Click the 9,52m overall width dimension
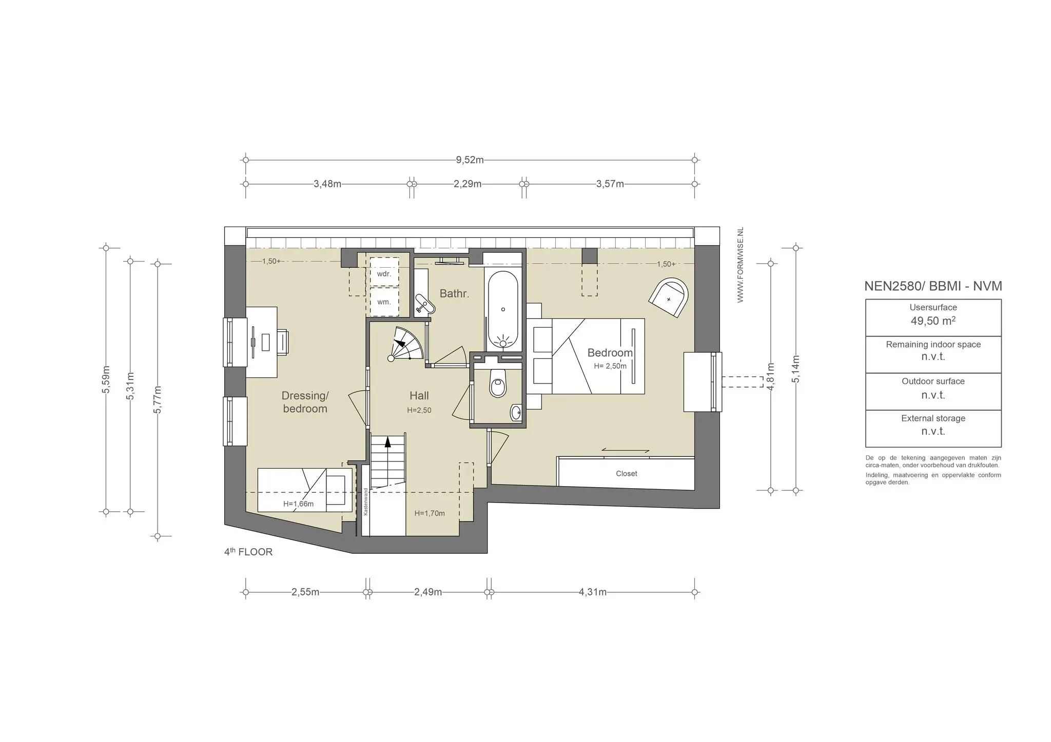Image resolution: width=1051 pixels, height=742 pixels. click(470, 159)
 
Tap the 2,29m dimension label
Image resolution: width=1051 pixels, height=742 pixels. click(468, 184)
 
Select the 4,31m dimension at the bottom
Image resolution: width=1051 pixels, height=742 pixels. click(593, 592)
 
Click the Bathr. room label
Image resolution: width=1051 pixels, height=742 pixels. click(454, 294)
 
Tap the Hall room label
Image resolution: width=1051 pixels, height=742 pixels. click(419, 395)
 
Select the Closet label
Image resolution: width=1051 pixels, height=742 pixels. click(627, 474)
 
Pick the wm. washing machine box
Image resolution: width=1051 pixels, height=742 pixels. click(384, 302)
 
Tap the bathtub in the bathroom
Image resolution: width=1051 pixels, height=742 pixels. click(503, 310)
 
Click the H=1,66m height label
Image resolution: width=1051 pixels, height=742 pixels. click(298, 504)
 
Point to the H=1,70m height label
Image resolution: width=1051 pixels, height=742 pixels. click(430, 513)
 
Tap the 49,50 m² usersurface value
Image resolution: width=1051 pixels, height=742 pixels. click(933, 321)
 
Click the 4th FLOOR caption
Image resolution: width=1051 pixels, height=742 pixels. click(248, 552)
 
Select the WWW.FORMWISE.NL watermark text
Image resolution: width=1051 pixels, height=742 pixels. click(740, 265)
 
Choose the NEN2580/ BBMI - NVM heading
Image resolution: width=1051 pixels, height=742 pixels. click(933, 286)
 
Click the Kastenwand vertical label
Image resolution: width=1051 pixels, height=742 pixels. click(366, 501)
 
